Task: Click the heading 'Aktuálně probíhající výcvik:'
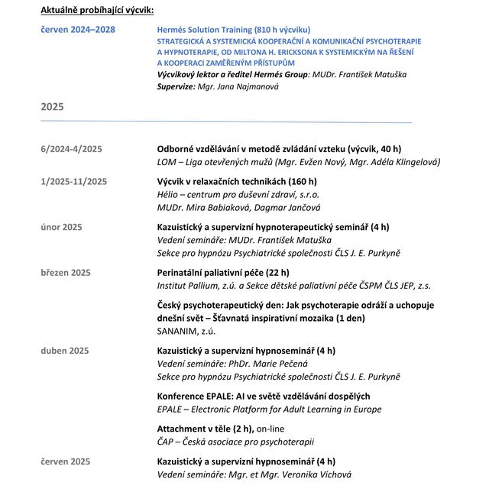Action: (97, 10)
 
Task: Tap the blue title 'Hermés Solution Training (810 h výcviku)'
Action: (233, 29)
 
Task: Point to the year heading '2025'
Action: (52, 107)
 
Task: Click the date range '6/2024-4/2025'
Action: (71, 148)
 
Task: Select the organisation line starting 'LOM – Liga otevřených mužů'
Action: (298, 162)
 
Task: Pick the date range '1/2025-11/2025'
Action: (73, 181)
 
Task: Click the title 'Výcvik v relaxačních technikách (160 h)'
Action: (236, 181)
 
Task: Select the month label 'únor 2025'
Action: (61, 227)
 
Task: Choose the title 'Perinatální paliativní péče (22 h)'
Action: (223, 273)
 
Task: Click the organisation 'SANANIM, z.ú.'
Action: (186, 331)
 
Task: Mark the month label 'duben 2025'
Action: (64, 351)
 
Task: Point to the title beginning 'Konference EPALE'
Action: (263, 396)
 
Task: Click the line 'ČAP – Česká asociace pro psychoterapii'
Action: (235, 442)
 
